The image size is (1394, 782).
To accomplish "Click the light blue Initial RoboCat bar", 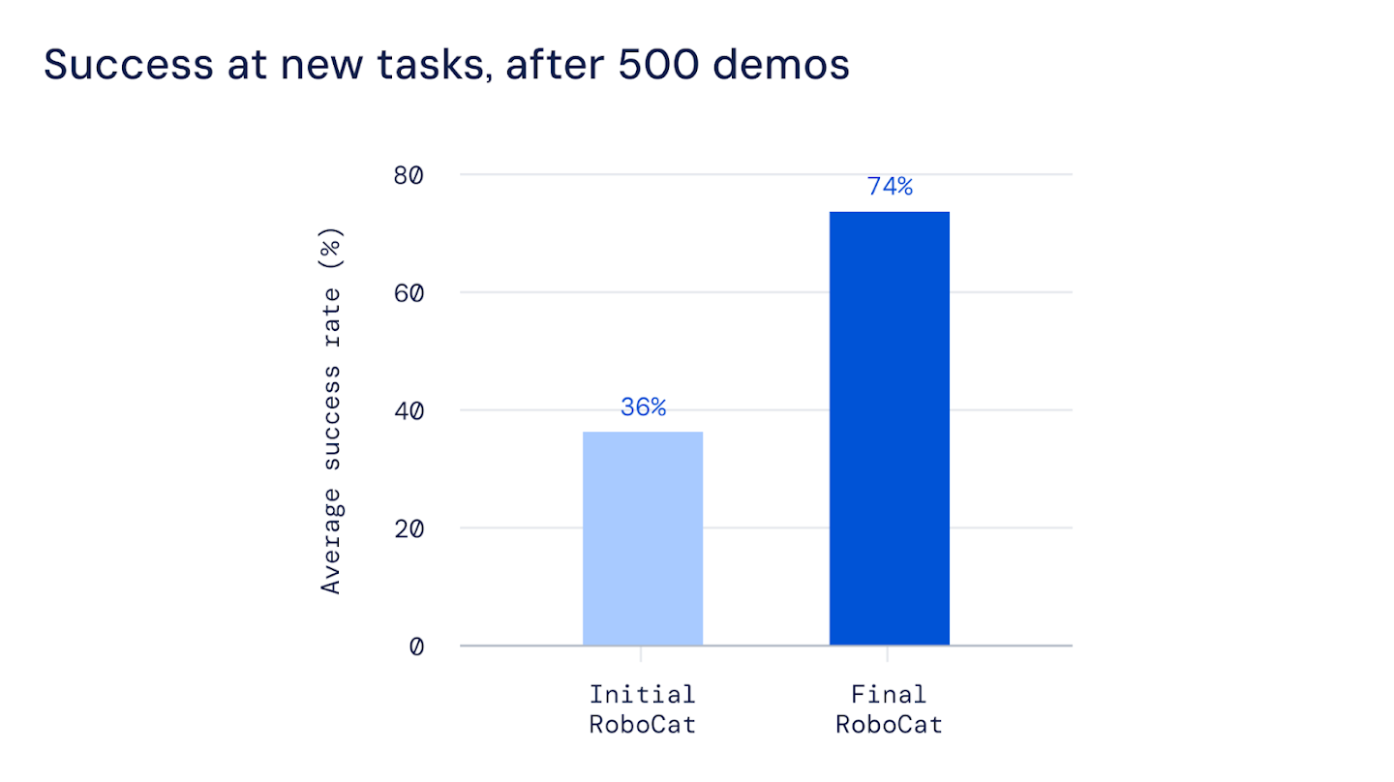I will point(643,538).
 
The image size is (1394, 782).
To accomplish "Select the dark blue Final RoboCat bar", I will point(889,428).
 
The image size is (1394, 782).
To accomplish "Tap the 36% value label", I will point(643,407).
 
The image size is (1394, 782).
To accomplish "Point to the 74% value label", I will point(890,187).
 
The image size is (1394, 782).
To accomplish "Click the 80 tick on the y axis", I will point(409,175).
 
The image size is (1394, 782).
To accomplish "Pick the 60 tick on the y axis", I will point(409,293).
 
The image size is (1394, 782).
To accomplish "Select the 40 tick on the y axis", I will point(409,410).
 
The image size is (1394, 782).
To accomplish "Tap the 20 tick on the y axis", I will point(409,528).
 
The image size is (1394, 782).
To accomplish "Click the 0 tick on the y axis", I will point(416,647).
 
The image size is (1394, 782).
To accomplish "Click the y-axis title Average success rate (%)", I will point(332,410).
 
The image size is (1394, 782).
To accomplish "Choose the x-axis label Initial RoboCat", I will point(643,709).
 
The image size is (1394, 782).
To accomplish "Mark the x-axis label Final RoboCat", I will point(889,709).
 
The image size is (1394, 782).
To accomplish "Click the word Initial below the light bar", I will point(643,695).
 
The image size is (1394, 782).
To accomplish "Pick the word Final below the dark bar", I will point(889,695).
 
